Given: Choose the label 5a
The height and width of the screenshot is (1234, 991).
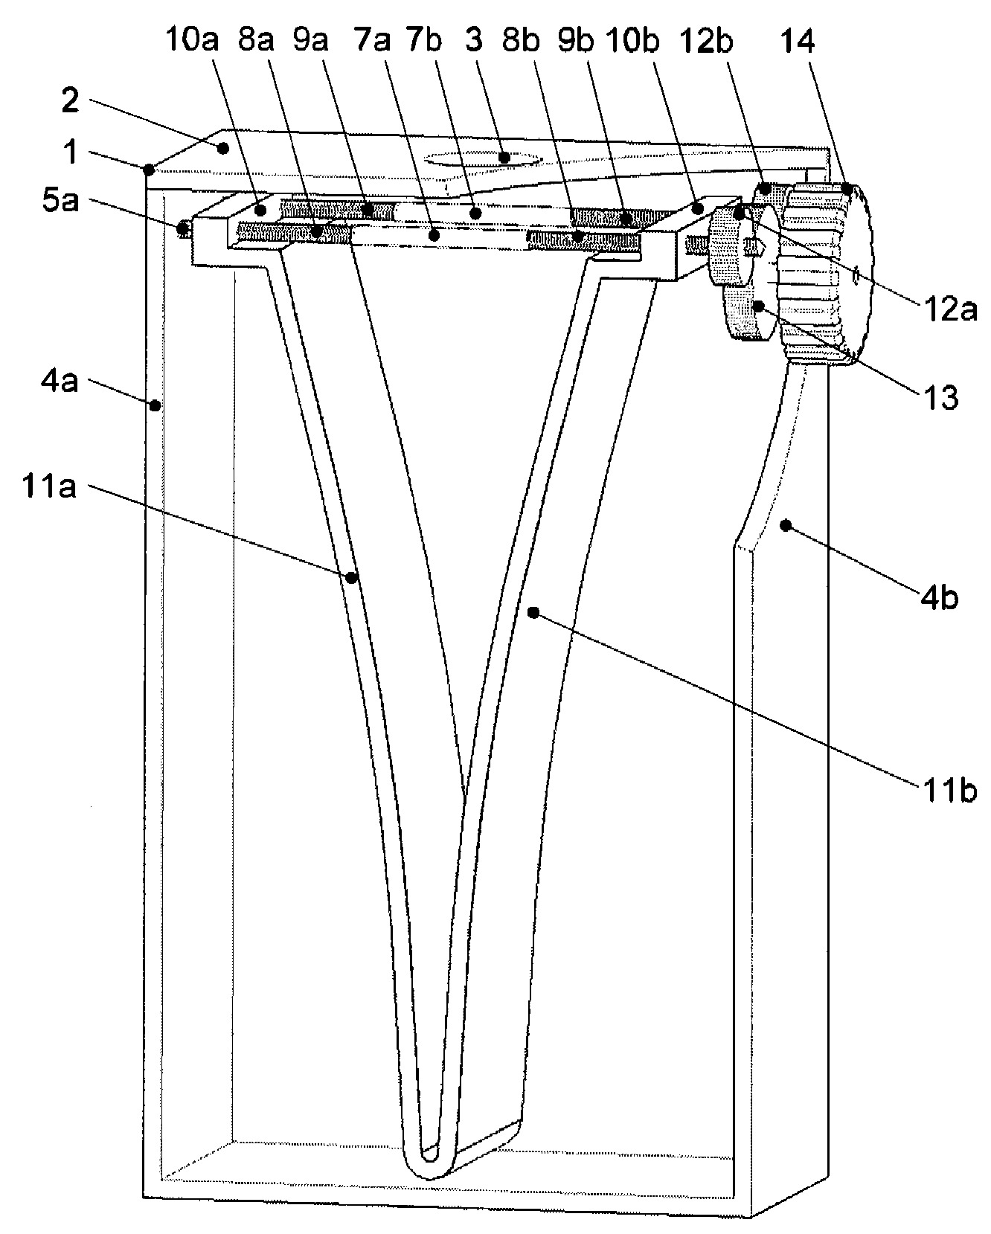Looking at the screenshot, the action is (x=59, y=202).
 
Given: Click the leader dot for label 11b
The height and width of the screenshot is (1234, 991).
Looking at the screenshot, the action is (x=533, y=612).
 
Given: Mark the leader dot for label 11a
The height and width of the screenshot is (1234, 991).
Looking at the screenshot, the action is (x=352, y=576).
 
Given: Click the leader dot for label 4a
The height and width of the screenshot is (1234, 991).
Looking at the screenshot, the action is (x=155, y=405).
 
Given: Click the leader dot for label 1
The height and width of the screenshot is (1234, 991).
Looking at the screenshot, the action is (x=150, y=167).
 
